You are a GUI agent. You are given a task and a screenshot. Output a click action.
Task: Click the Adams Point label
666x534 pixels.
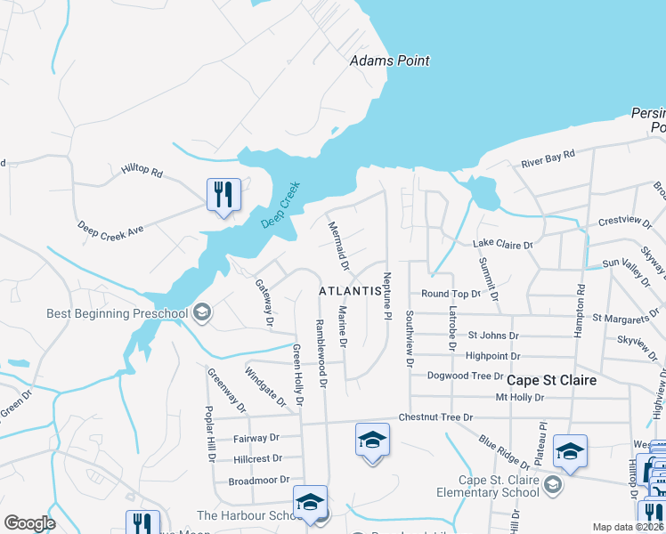click(389, 61)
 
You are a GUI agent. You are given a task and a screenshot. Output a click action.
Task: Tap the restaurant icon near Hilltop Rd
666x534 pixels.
click(223, 194)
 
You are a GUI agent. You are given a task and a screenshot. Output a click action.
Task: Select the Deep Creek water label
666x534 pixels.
click(280, 206)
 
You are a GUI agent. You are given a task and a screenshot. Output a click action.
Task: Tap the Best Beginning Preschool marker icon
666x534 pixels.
click(202, 311)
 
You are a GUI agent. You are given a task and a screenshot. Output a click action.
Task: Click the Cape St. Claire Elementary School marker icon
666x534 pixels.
click(553, 484)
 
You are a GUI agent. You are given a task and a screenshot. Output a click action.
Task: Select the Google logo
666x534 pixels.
click(29, 523)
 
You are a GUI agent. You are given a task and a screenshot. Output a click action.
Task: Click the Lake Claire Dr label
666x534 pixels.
click(502, 244)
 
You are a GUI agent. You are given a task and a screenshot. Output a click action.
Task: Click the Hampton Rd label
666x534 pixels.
click(581, 307)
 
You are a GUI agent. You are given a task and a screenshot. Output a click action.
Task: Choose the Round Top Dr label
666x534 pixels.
click(451, 293)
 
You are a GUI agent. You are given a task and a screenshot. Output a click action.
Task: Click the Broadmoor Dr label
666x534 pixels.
click(255, 480)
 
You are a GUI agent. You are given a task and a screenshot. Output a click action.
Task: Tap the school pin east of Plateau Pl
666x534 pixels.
click(570, 451)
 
